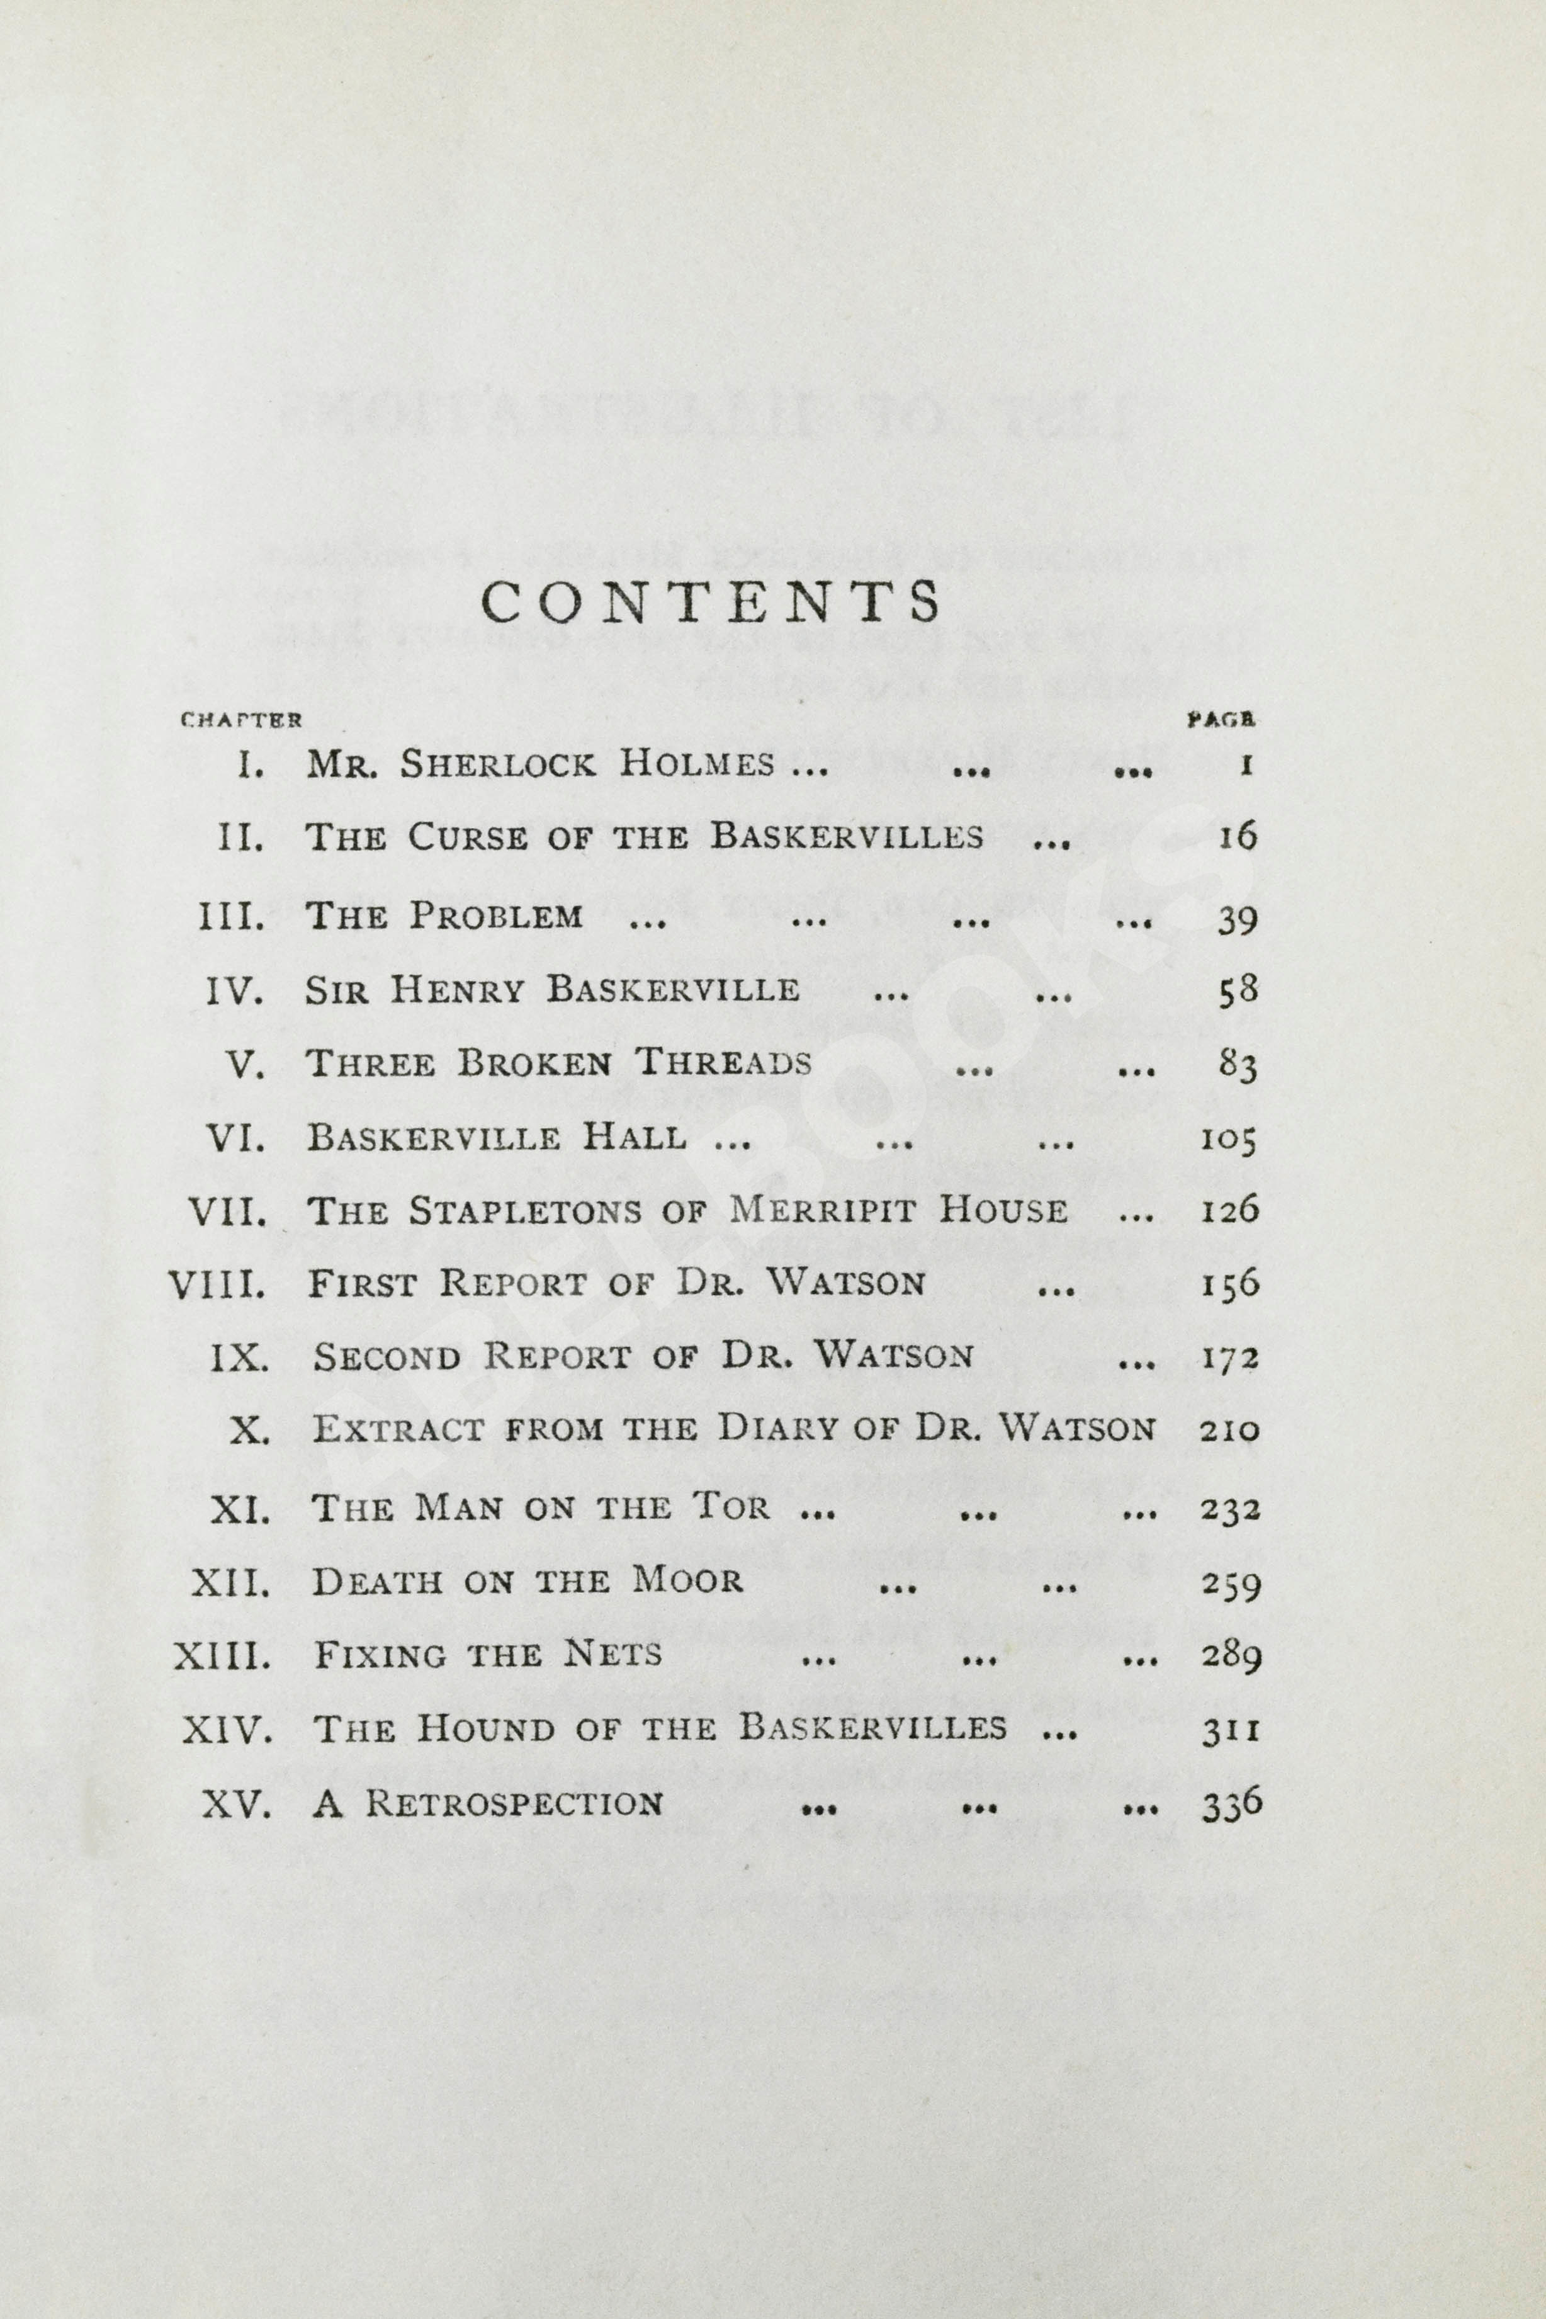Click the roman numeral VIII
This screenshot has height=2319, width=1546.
pos(217,1284)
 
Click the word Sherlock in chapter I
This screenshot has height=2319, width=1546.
pos(498,765)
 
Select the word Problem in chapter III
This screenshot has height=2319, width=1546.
pos(497,916)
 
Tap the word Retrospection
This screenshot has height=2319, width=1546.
pos(515,1805)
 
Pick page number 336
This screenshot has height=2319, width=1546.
pos(1231,1805)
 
